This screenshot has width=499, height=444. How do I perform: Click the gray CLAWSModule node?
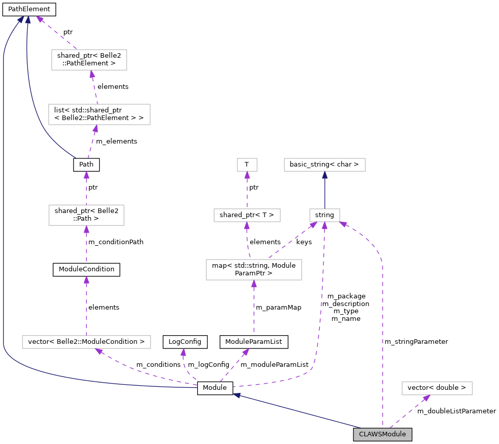(382, 434)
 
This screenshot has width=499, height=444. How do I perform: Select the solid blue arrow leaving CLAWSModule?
(296, 411)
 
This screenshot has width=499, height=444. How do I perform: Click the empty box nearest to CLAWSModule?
(437, 388)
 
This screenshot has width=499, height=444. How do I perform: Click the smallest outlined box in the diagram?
(247, 165)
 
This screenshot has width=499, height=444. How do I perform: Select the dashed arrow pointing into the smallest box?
(247, 190)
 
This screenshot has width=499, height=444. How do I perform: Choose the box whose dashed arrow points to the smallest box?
(247, 215)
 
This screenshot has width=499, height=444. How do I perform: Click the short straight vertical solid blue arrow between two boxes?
(325, 190)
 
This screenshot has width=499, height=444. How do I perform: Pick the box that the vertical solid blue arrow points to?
(325, 165)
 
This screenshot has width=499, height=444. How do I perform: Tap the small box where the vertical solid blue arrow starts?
(325, 215)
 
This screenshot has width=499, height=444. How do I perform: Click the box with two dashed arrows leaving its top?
(254, 270)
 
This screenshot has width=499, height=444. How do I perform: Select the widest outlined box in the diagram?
(86, 342)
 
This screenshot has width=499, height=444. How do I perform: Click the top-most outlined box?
(89, 60)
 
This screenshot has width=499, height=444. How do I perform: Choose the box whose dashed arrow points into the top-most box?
(99, 114)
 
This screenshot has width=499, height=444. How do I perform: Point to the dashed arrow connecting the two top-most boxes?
(94, 87)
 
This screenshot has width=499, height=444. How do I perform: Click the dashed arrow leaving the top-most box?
(57, 33)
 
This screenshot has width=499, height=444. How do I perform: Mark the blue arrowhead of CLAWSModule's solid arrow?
(236, 394)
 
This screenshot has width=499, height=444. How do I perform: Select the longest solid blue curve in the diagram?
(4, 204)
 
